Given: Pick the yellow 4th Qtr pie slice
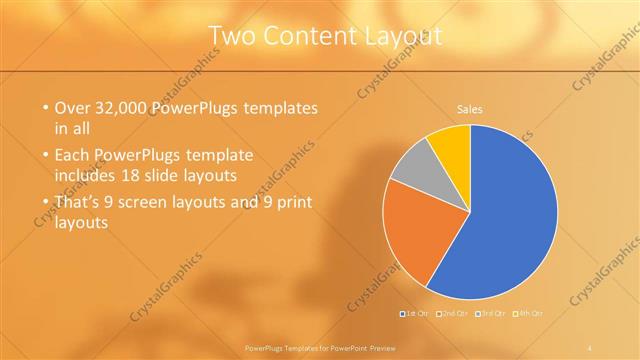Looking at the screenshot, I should (450, 142).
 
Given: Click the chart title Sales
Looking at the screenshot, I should (470, 108).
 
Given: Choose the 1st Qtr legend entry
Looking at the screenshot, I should (415, 314).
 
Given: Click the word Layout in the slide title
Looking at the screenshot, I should (405, 37).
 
